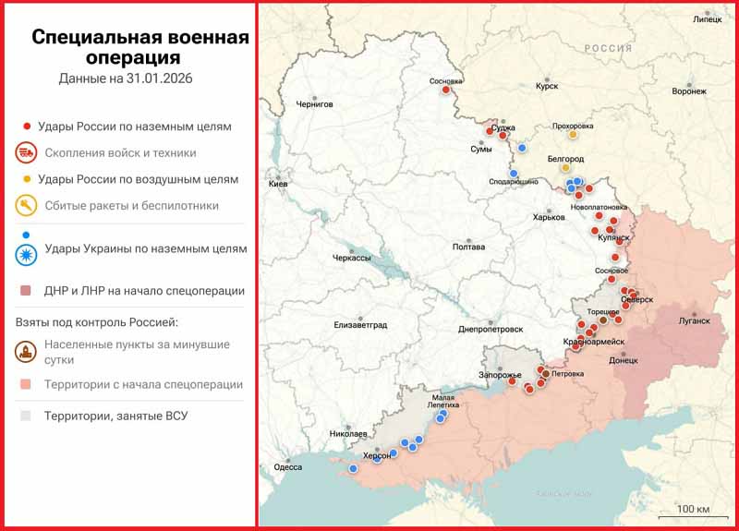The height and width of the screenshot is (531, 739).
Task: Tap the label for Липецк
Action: point(708,18)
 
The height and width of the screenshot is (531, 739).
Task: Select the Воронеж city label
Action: point(689,91)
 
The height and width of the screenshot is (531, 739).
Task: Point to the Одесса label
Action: point(288,467)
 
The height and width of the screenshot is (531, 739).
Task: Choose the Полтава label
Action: point(469,247)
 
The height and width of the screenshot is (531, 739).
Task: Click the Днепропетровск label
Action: point(491,330)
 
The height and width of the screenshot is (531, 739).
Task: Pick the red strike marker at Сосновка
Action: point(446,90)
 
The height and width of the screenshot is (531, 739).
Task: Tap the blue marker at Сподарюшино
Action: point(514,173)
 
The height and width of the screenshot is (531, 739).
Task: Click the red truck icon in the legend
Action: point(27,152)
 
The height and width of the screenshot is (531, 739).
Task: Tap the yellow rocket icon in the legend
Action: point(27,205)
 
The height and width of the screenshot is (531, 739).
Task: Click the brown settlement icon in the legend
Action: point(27,352)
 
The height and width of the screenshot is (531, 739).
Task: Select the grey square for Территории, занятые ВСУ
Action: point(26,416)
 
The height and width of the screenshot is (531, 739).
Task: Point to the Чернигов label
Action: point(314,104)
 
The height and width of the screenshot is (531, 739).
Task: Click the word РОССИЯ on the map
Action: point(607,47)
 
